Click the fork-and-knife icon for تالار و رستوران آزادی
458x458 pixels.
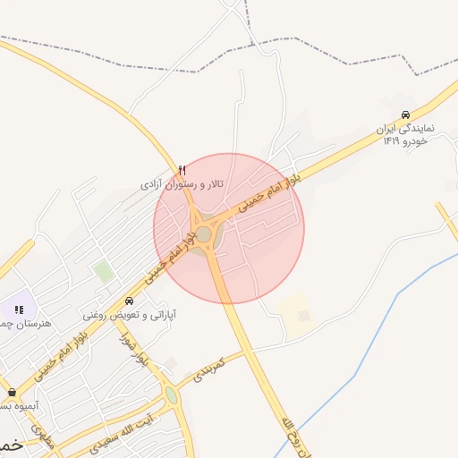coord(182,170)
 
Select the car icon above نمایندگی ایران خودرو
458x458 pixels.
coord(406,114)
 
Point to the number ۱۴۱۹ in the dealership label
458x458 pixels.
coord(392,141)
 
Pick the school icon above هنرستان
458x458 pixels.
coord(19,309)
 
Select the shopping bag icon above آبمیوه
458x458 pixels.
coord(11,392)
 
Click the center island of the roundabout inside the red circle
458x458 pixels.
coord(204,234)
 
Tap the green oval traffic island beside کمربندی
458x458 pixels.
coord(171,394)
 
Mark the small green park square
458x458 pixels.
coord(105,271)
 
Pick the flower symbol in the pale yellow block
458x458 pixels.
coord(302,315)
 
